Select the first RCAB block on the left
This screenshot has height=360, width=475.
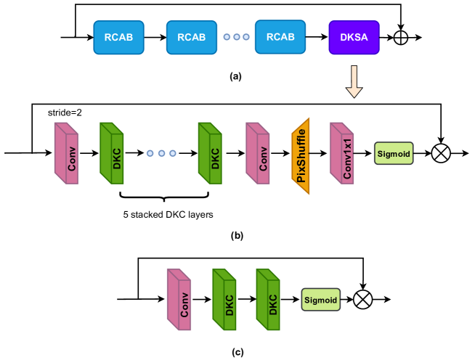[118, 36]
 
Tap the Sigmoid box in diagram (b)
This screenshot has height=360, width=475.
[394, 153]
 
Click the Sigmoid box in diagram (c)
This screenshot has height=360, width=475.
[320, 298]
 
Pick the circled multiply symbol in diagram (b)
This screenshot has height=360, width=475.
[441, 153]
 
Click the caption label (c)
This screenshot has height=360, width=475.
[238, 352]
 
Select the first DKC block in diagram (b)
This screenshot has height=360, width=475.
[111, 153]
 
